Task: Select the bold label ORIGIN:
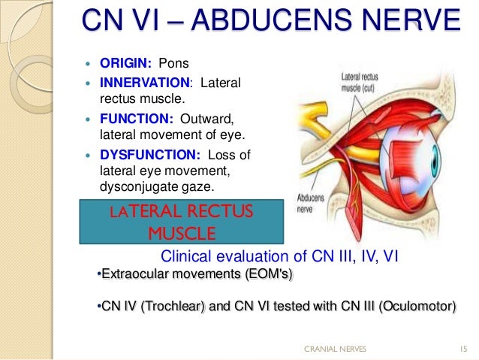pos(126,62)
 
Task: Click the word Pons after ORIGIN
pos(173,62)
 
